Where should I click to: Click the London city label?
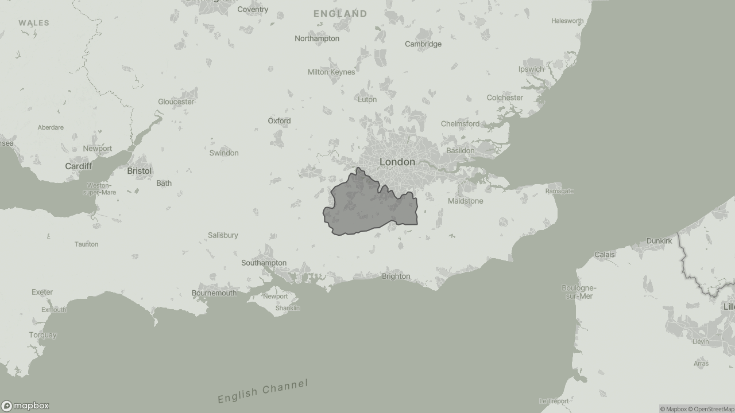coord(397,162)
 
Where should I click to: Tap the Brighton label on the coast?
coord(396,276)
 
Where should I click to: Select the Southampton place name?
coord(264,263)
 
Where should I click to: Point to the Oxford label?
coord(279,120)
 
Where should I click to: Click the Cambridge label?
coord(423,44)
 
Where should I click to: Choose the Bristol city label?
coord(139,171)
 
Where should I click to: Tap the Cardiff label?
coord(78,166)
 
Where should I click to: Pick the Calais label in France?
coord(604,254)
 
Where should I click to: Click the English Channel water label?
coord(263,391)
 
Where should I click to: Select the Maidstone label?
coord(465,201)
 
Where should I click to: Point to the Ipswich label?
coord(531,69)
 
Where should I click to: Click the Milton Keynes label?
coord(331,72)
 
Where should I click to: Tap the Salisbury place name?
coord(223,235)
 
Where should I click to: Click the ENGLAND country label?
coord(340,13)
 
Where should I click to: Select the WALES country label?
coord(34,23)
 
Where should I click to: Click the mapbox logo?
coord(25,406)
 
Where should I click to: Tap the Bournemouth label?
coord(214,293)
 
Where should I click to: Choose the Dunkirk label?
coord(659,241)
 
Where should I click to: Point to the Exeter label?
coord(42,292)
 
